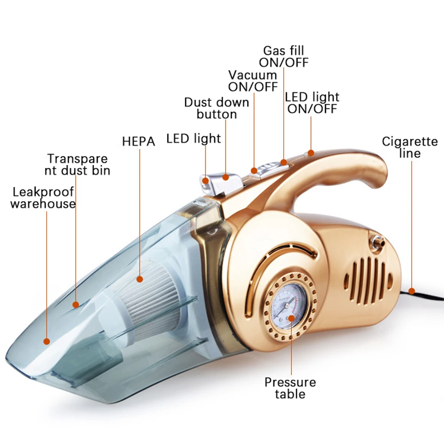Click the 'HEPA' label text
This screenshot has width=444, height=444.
[x=139, y=142]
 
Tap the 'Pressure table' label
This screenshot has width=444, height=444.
[x=290, y=388]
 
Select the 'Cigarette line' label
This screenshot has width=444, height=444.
[x=410, y=147]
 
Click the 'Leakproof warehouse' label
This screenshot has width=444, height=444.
[x=43, y=198]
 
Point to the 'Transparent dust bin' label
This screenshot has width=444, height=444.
[x=79, y=164]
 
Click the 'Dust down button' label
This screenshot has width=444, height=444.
[x=217, y=108]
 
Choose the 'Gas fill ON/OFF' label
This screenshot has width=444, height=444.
[x=284, y=56]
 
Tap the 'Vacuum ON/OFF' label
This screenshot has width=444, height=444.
[x=253, y=81]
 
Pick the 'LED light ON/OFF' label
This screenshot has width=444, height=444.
[x=312, y=103]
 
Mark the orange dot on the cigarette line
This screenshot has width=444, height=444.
[x=412, y=291]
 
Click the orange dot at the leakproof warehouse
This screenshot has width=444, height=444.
[x=46, y=341]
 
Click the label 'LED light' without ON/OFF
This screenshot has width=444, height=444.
[x=194, y=139]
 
